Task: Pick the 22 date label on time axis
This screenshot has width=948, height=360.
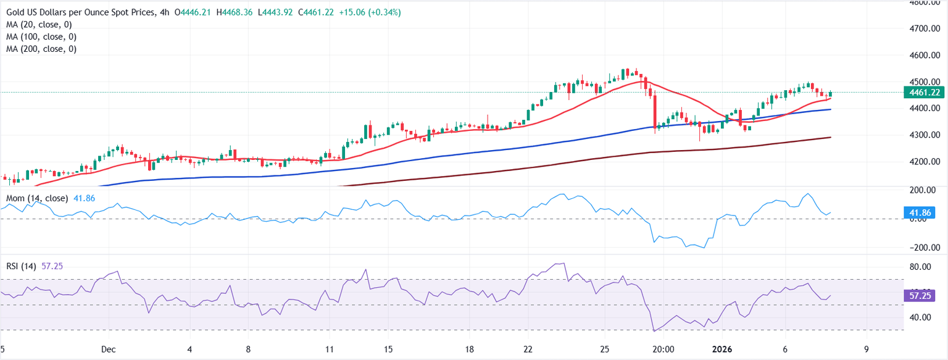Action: tap(528, 349)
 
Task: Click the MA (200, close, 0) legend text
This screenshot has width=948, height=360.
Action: tap(41, 48)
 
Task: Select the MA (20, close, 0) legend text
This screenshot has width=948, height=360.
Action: tap(39, 25)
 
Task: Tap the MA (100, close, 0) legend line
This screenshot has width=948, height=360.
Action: tap(41, 36)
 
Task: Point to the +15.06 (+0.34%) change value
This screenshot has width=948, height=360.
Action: tap(370, 12)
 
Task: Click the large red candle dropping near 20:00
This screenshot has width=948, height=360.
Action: tap(654, 111)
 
